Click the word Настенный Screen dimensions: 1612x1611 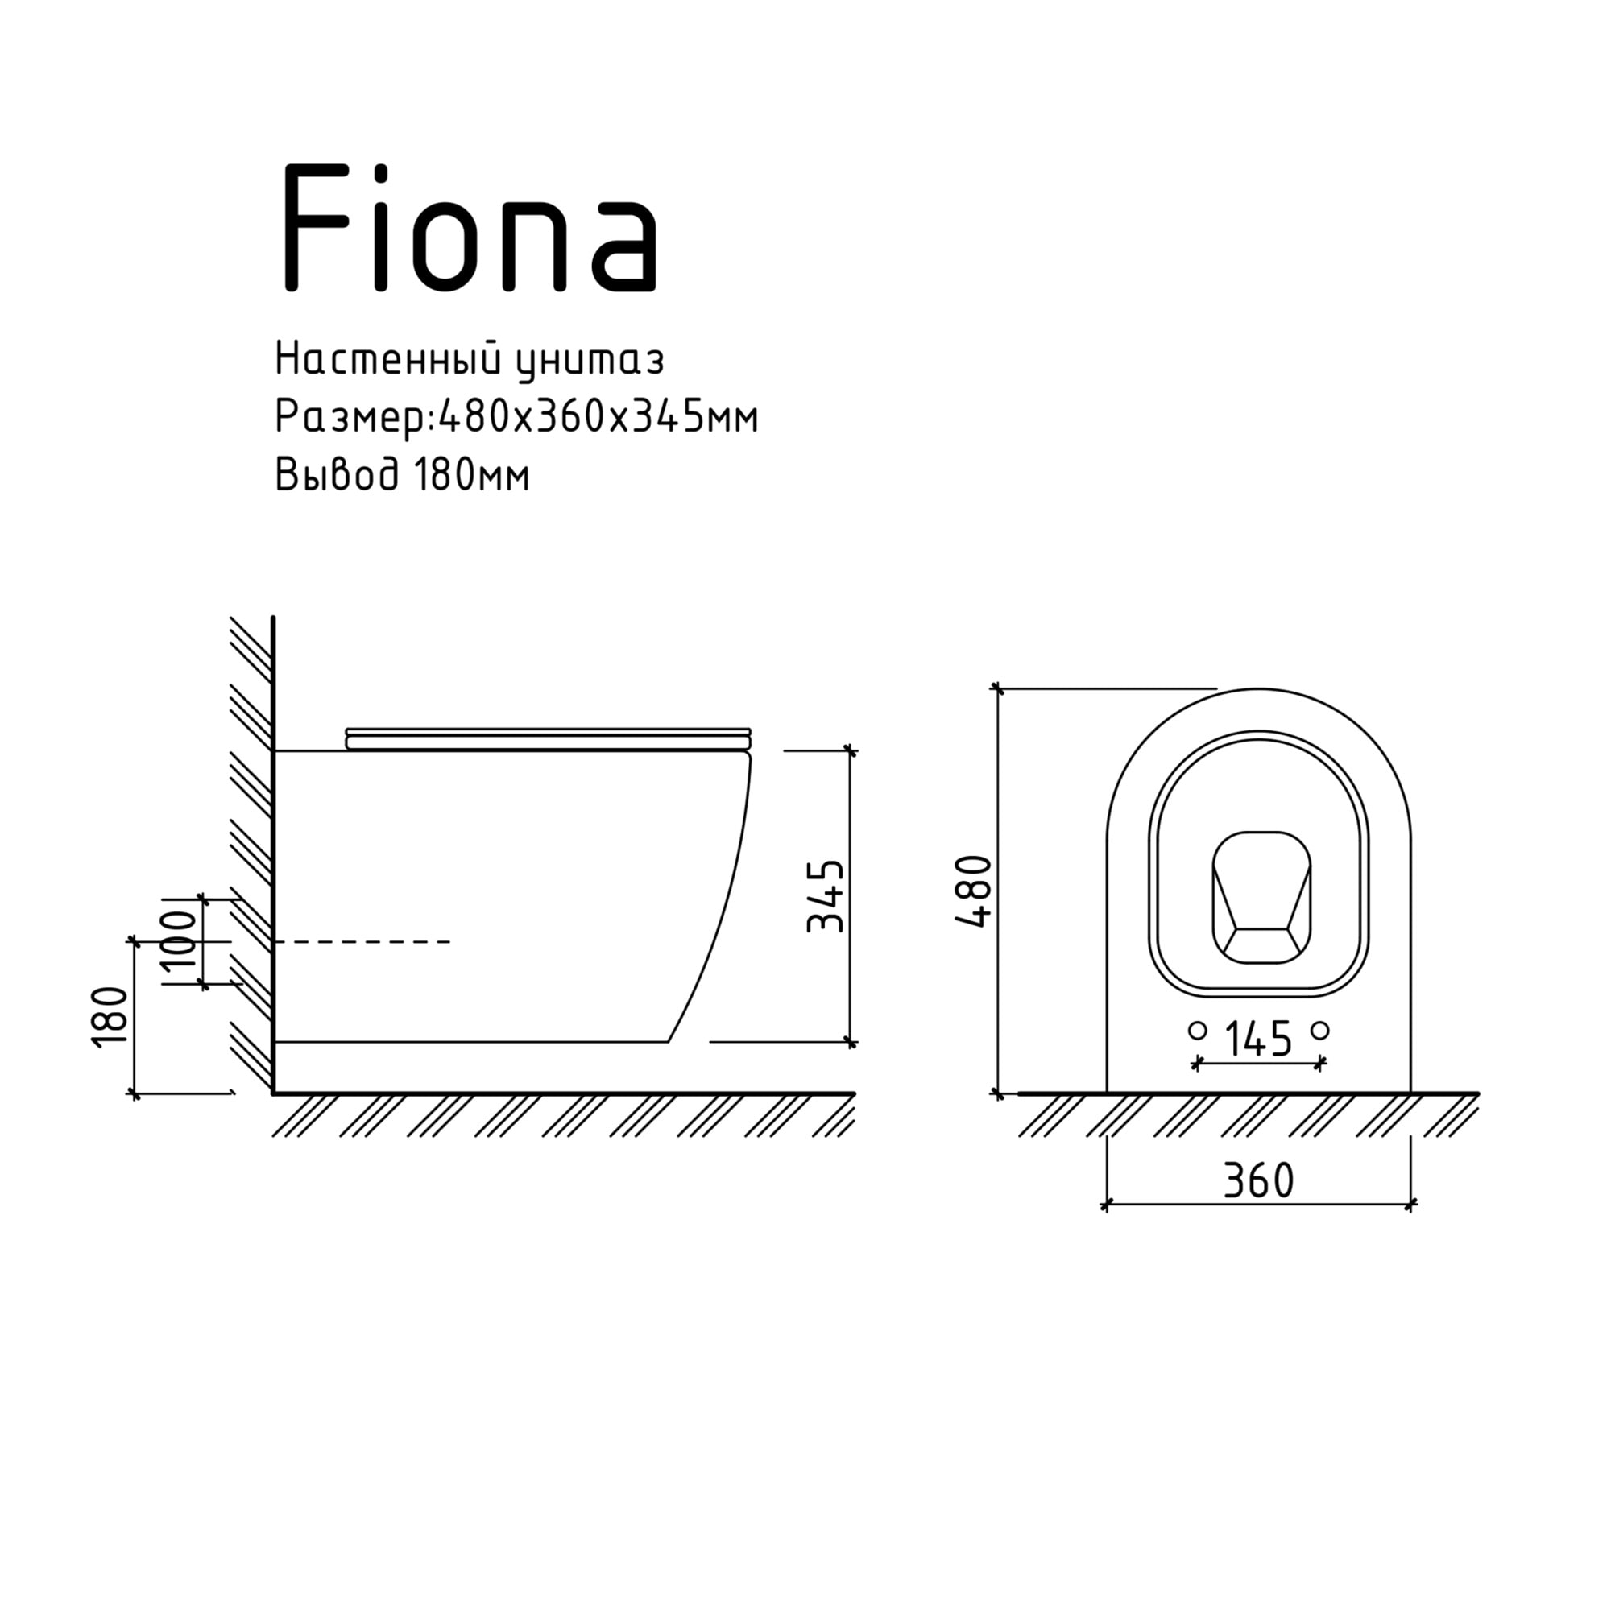387,361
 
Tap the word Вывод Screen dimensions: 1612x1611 338,475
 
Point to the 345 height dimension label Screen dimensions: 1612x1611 826,896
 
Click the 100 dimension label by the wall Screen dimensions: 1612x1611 180,940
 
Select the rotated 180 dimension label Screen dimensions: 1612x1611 111,1016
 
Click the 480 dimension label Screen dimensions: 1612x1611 974,891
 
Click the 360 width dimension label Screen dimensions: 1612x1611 1258,1180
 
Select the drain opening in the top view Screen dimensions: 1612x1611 1261,897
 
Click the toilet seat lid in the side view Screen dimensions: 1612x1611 549,738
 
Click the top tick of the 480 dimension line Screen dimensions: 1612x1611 996,688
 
